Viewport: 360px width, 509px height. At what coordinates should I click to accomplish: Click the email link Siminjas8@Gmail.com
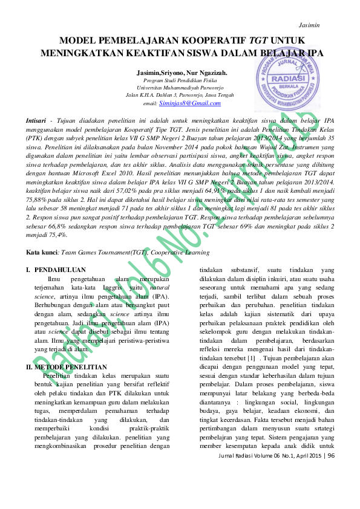tap(182, 103)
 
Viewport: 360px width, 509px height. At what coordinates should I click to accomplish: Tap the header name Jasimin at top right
tap(309, 25)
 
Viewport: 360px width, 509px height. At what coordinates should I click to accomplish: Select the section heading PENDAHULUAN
tap(60, 270)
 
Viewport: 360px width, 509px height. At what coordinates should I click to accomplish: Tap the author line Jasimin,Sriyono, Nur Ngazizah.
tap(182, 73)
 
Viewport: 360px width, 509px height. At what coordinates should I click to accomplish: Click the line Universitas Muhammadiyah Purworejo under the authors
tap(182, 88)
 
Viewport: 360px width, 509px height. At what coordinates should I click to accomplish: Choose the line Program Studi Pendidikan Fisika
tap(182, 80)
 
